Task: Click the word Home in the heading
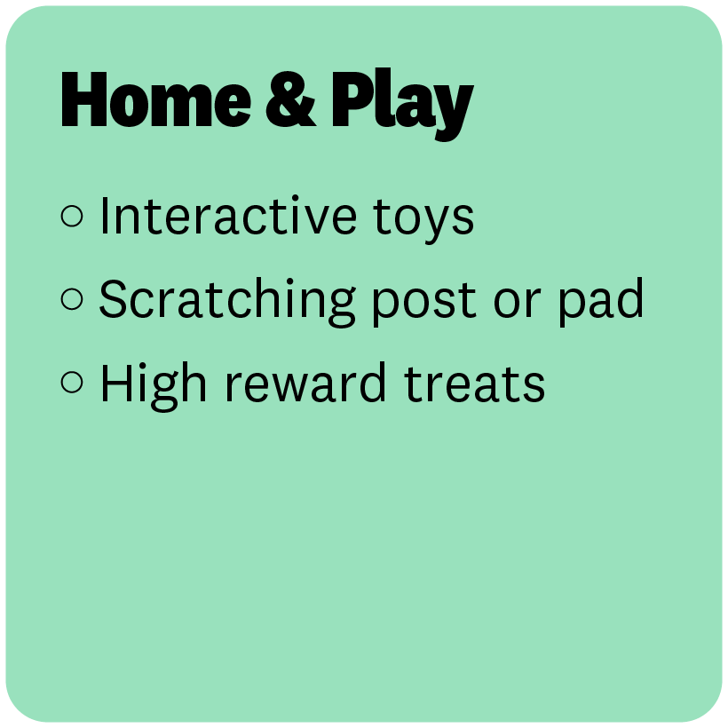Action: pos(156,99)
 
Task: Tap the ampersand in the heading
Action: pos(291,99)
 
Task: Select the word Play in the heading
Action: pos(402,105)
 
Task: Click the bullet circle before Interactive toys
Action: pos(72,216)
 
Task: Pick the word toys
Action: pos(423,219)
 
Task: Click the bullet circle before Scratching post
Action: pos(72,298)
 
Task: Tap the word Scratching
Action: pos(227,302)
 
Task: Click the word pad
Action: pos(601,302)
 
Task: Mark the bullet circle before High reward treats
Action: pos(72,382)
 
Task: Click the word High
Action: pos(154,386)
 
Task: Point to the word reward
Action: pos(305,382)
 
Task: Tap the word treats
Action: pos(474,384)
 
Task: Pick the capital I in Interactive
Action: pos(104,216)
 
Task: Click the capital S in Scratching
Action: pos(113,299)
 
